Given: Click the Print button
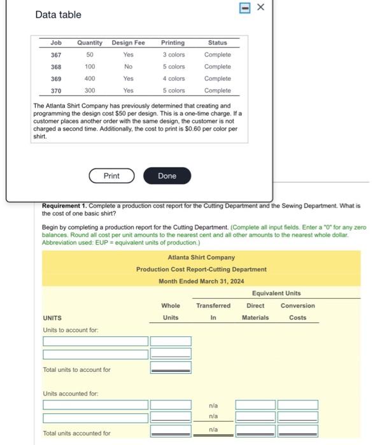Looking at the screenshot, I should [111, 175].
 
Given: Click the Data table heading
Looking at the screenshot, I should [58, 14].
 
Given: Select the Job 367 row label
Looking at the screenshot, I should [56, 55].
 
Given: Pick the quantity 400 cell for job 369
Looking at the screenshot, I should [90, 79].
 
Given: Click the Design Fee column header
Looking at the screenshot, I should [128, 43].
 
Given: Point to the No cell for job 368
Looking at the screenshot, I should [128, 67].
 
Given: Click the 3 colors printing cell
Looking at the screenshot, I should [173, 55].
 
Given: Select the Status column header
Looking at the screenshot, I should [217, 43].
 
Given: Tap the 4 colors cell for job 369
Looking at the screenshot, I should [173, 79].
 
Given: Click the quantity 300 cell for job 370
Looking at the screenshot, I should [90, 91].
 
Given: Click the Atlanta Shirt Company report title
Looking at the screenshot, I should [201, 257].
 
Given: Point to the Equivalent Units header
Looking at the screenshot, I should [276, 293].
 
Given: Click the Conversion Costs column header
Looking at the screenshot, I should [297, 311].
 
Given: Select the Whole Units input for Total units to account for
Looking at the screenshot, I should [170, 368].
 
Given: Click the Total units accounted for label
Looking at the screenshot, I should [76, 433].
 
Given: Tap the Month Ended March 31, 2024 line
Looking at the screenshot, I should [201, 281].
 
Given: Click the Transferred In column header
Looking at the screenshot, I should [213, 311].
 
